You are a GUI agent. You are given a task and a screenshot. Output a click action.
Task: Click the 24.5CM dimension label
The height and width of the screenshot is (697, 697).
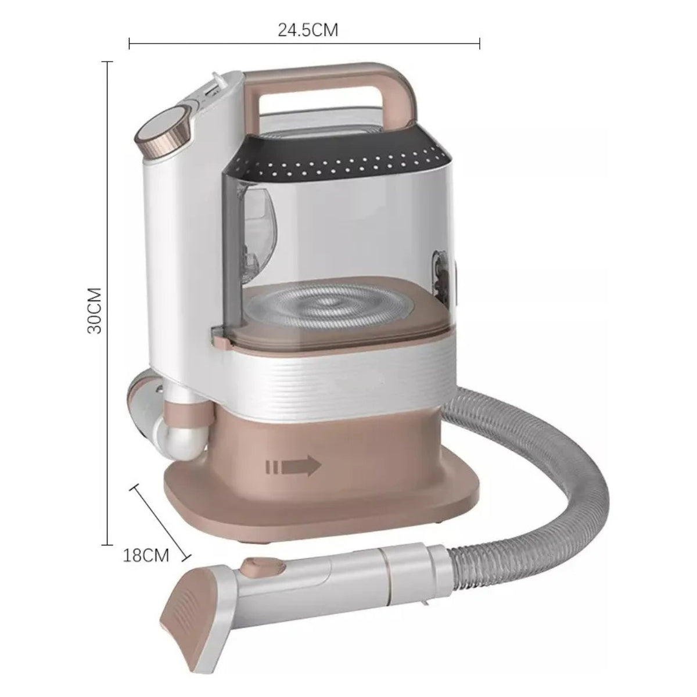(x=308, y=30)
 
